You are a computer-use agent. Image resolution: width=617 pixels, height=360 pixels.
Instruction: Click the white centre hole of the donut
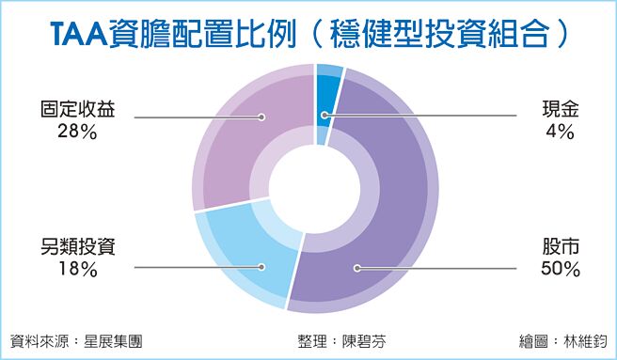pyautogui.click(x=315, y=188)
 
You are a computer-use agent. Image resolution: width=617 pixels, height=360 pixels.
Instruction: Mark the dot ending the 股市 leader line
pyautogui.click(x=356, y=269)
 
